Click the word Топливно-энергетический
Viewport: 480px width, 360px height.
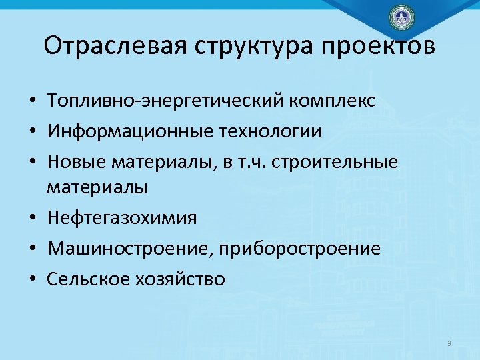pos(166,101)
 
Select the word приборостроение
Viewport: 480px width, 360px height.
pos(297,249)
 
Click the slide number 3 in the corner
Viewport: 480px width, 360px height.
pos(449,343)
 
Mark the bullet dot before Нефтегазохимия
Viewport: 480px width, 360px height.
pos(32,219)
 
